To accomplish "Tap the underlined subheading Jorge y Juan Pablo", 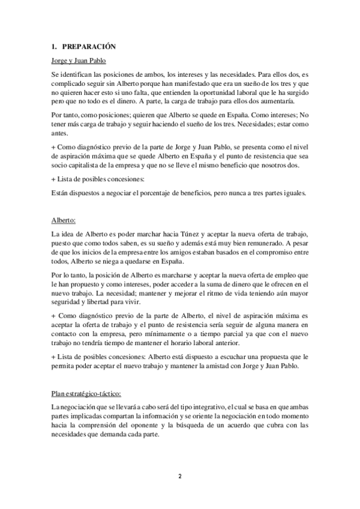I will pyautogui.click(x=78, y=61).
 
